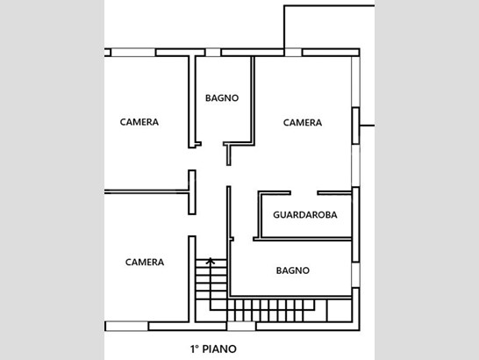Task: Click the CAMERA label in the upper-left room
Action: click(139, 122)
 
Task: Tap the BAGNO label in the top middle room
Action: click(222, 98)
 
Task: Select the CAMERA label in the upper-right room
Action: click(303, 123)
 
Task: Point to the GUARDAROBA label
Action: click(305, 215)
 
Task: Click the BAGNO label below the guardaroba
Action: click(293, 270)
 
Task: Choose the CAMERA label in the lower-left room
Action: click(145, 263)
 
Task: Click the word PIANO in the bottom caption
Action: click(219, 349)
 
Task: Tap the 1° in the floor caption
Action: click(195, 349)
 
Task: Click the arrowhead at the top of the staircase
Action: click(211, 261)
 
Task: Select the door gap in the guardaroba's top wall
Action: click(304, 192)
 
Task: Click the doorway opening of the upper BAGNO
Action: click(212, 144)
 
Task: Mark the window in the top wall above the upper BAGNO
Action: click(213, 53)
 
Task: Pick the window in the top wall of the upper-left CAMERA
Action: click(133, 53)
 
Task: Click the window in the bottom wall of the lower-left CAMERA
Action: click(127, 326)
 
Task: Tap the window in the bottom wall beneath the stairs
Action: click(241, 326)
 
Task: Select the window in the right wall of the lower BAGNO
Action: click(355, 275)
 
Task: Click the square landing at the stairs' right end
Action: click(340, 310)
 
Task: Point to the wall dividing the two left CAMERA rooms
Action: click(147, 192)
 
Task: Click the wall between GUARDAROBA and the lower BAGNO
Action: click(303, 239)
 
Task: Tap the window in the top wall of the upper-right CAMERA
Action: click(293, 53)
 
